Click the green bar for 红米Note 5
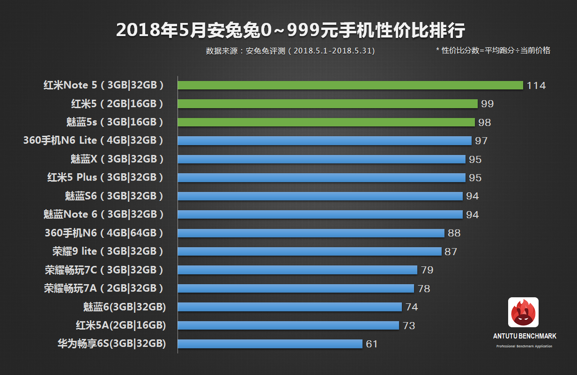pyautogui.click(x=350, y=85)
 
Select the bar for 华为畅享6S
pyautogui.click(x=270, y=344)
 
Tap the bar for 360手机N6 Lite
pyautogui.click(x=325, y=140)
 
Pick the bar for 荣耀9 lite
pyautogui.click(x=310, y=251)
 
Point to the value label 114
pyautogui.click(x=536, y=86)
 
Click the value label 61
pyautogui.click(x=372, y=344)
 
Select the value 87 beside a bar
pyautogui.click(x=451, y=252)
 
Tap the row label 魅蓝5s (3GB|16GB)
pyautogui.click(x=115, y=122)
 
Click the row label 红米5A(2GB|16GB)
pyautogui.click(x=121, y=325)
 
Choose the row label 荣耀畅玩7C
pyautogui.click(x=104, y=270)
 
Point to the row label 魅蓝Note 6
pyautogui.click(x=104, y=214)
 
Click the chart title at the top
pyautogui.click(x=290, y=31)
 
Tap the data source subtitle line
pyautogui.click(x=290, y=51)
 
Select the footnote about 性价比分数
pyautogui.click(x=493, y=51)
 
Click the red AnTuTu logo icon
pyautogui.click(x=523, y=312)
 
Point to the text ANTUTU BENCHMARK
pyautogui.click(x=525, y=336)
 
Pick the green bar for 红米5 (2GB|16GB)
pyautogui.click(x=328, y=104)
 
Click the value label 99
pyautogui.click(x=487, y=104)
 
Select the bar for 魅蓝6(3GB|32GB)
pyautogui.click(x=290, y=307)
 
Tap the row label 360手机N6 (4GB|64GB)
pyautogui.click(x=104, y=233)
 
